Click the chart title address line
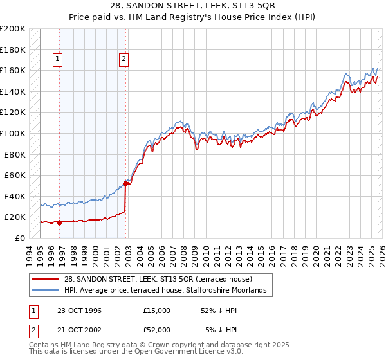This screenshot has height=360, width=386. coord(194,6)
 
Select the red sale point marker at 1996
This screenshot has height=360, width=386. coord(60,222)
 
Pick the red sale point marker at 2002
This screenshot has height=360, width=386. coord(125,183)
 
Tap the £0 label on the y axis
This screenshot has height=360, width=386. coord(19,238)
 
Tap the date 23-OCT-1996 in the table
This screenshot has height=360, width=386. coord(78,310)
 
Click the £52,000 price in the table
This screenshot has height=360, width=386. coord(157,330)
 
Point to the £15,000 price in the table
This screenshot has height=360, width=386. coord(157,310)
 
